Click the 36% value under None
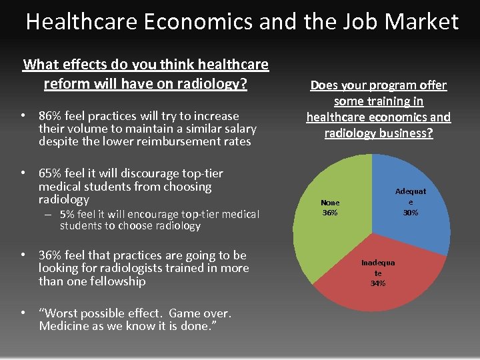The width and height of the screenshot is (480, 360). (x=330, y=213)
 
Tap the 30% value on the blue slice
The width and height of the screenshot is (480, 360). (x=411, y=213)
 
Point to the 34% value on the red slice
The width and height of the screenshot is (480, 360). (x=378, y=283)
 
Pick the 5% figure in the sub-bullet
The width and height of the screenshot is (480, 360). (x=67, y=215)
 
